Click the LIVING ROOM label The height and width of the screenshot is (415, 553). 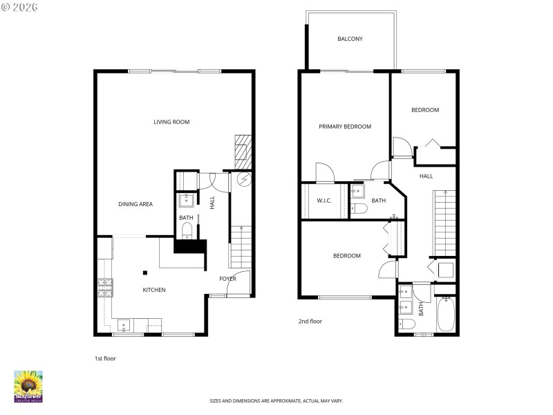pos(171,122)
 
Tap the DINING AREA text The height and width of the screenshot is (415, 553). pos(135,204)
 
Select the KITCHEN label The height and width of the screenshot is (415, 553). pos(153,290)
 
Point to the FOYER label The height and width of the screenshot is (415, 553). pos(227,279)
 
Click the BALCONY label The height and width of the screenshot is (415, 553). pos(350,39)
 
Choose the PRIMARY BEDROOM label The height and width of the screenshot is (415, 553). pos(344,127)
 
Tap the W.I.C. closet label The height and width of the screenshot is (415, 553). pos(324,201)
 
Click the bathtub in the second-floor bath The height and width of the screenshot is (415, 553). pos(446,315)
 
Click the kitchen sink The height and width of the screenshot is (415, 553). pos(124,324)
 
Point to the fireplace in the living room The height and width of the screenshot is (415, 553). pos(241,149)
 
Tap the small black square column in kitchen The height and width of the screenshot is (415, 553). pos(145,272)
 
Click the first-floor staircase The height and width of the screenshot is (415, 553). pos(240,248)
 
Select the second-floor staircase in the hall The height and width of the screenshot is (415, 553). pos(444,221)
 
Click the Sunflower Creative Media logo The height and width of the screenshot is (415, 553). pos(28,387)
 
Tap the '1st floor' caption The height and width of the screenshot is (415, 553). pos(105,358)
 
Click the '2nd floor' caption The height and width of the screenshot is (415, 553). pos(310,321)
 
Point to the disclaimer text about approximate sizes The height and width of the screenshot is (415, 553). pos(276,400)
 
